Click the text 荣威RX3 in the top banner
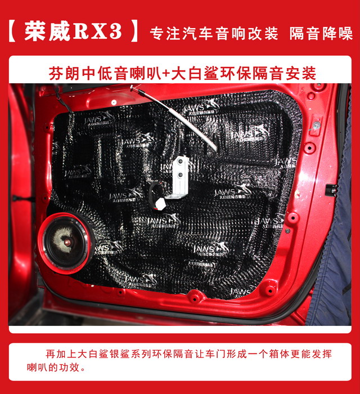[73, 32]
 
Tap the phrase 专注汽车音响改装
[214, 33]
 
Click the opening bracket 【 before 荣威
[15, 32]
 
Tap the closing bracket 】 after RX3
[133, 32]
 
